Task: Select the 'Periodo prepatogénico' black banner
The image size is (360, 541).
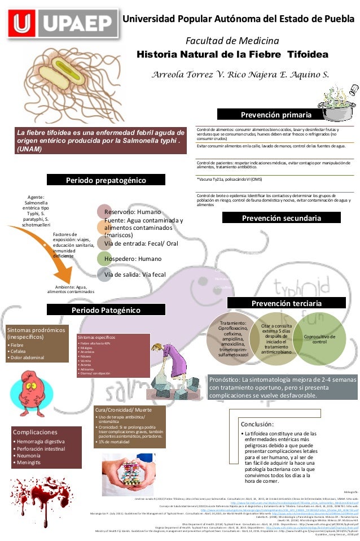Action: (106, 180)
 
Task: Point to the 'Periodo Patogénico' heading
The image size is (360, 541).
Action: (106, 309)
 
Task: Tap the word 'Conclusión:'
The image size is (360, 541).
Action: (257, 424)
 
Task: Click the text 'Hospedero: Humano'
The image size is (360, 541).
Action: (133, 259)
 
